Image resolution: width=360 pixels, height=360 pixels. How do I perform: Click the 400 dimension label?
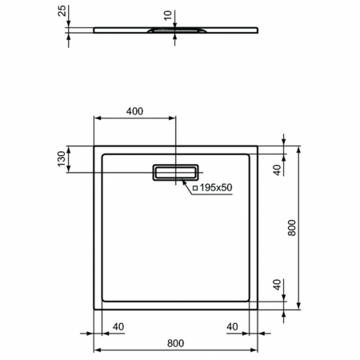point(134,111)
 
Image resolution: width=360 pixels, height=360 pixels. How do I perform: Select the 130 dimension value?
point(60,159)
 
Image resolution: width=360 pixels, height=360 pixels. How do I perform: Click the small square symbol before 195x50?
point(194,188)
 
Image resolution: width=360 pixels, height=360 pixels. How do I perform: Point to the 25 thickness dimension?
point(60,11)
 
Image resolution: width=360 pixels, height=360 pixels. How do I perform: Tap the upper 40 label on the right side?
point(277,170)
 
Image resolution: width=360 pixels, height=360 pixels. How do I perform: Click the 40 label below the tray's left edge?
point(118,326)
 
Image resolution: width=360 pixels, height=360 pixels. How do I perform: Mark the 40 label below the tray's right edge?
point(233,326)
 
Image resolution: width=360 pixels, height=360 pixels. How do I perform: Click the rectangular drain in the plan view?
point(176,172)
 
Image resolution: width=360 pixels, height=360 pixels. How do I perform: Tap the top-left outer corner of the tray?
point(96,146)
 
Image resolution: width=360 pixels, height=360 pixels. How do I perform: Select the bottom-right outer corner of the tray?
point(257,308)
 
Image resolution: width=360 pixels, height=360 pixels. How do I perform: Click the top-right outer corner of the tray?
point(257,146)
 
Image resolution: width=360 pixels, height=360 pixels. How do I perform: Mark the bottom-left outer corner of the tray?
point(96,308)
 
